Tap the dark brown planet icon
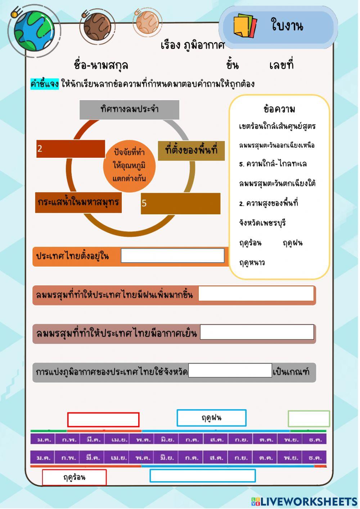coord(97,26)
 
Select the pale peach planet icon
coord(148,22)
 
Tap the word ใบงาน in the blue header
coord(287,26)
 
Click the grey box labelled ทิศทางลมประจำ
coord(129,110)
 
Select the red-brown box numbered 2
coord(71,149)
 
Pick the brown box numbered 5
coord(180,203)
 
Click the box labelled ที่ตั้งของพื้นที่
coord(191,150)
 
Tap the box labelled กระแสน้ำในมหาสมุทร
coord(78,202)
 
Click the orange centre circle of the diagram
coord(129,166)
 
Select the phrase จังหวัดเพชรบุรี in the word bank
coord(262,223)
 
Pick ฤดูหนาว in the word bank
coord(252,263)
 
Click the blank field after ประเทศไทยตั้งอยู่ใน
coord(172,256)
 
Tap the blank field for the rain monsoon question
coord(256,294)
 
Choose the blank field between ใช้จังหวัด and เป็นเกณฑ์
coord(230,371)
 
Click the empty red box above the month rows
coord(103,420)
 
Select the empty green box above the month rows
coord(309,419)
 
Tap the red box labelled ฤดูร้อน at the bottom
coord(74,477)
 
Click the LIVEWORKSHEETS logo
coord(304,501)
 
